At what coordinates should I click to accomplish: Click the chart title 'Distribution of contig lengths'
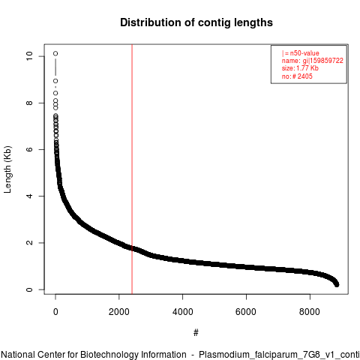pyautogui.click(x=196, y=22)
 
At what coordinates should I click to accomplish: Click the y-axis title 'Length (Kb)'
pyautogui.click(x=7, y=169)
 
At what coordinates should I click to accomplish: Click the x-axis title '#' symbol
pyautogui.click(x=196, y=333)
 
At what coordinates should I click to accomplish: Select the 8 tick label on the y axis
pyautogui.click(x=29, y=103)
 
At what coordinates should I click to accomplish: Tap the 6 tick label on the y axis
pyautogui.click(x=29, y=149)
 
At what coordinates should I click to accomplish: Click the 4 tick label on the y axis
pyautogui.click(x=29, y=196)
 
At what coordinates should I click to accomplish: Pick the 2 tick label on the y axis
pyautogui.click(x=29, y=243)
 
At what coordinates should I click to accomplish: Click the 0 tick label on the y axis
pyautogui.click(x=29, y=289)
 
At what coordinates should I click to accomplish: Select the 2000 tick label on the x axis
pyautogui.click(x=119, y=312)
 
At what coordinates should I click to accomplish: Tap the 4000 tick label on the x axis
pyautogui.click(x=183, y=312)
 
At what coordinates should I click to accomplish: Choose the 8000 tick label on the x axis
pyautogui.click(x=310, y=312)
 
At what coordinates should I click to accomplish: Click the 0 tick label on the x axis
pyautogui.click(x=55, y=312)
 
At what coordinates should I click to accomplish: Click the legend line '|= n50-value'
pyautogui.click(x=301, y=53)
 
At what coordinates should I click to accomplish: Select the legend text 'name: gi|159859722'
pyautogui.click(x=313, y=61)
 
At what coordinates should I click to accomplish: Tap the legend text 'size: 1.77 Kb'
pyautogui.click(x=300, y=68)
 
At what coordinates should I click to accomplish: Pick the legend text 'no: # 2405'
pyautogui.click(x=297, y=76)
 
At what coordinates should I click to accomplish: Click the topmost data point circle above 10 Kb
pyautogui.click(x=55, y=53)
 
